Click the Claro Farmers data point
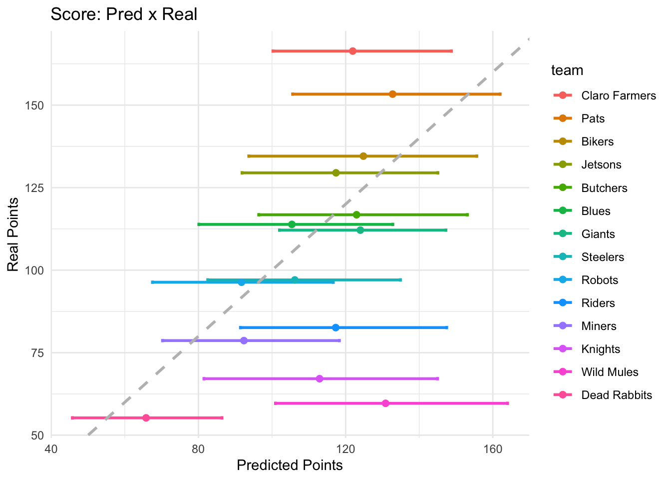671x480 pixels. pyautogui.click(x=352, y=51)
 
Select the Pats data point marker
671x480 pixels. pyautogui.click(x=392, y=94)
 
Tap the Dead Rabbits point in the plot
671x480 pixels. pyautogui.click(x=146, y=417)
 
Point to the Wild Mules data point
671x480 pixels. pyautogui.click(x=385, y=403)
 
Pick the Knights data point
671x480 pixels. pyautogui.click(x=320, y=378)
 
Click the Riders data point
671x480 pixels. pyautogui.click(x=335, y=327)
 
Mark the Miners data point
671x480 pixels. pyautogui.click(x=244, y=340)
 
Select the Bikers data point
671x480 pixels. pyautogui.click(x=363, y=156)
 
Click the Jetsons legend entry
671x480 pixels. pyautogui.click(x=601, y=165)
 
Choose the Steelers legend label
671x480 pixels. pyautogui.click(x=603, y=257)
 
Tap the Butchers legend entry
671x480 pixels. pyautogui.click(x=604, y=188)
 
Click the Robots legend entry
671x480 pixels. pyautogui.click(x=600, y=280)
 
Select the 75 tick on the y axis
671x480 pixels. pyautogui.click(x=38, y=353)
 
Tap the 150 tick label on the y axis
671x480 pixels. pyautogui.click(x=35, y=105)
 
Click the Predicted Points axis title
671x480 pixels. pyautogui.click(x=290, y=465)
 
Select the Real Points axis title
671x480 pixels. pyautogui.click(x=13, y=234)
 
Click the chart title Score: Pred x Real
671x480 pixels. pyautogui.click(x=124, y=14)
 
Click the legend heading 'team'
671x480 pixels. pyautogui.click(x=567, y=70)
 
